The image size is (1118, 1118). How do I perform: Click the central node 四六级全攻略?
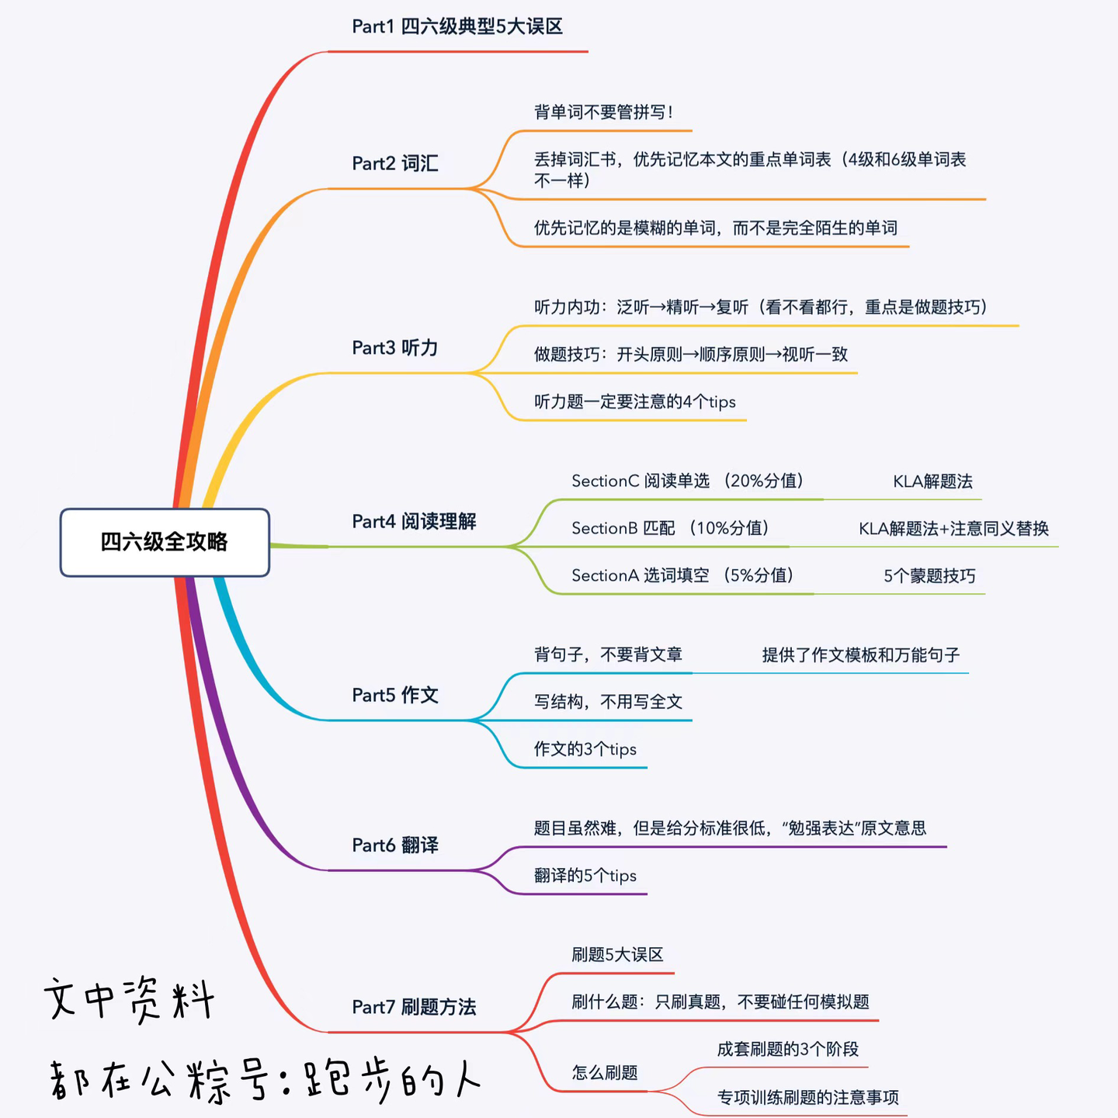click(165, 542)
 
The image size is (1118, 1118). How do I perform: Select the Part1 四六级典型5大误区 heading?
click(457, 27)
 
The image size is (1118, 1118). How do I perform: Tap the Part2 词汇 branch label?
click(395, 164)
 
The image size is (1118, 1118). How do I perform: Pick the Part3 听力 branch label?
click(395, 348)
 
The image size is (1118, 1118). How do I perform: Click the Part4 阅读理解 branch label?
click(414, 522)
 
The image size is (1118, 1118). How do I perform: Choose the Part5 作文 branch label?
click(395, 695)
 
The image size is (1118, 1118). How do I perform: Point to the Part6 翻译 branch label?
click(395, 845)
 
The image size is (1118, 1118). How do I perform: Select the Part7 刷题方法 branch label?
click(414, 1007)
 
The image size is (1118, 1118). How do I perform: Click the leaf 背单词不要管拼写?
click(603, 113)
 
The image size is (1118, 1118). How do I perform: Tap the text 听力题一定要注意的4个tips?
click(634, 402)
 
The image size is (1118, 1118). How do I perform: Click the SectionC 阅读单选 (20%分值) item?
click(687, 481)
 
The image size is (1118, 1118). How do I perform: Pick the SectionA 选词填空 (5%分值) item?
click(682, 575)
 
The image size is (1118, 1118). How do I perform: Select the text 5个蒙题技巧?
click(929, 576)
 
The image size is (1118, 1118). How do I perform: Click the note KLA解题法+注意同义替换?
click(953, 529)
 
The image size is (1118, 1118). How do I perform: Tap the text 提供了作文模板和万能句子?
click(860, 655)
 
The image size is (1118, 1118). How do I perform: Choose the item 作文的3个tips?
click(585, 749)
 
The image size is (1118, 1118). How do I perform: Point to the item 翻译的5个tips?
click(585, 876)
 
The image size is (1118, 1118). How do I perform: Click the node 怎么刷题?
click(605, 1073)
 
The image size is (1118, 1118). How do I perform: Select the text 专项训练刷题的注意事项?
click(807, 1098)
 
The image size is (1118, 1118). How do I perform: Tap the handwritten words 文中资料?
click(129, 998)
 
